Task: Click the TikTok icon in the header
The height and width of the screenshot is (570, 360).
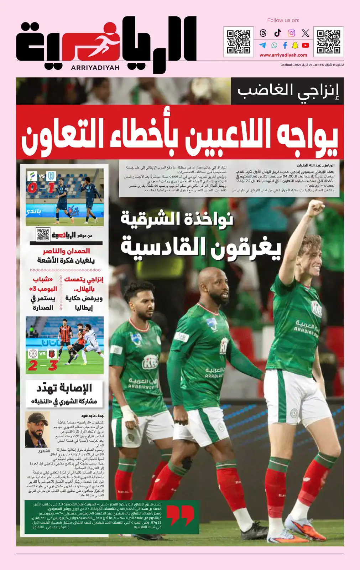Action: tap(278, 33)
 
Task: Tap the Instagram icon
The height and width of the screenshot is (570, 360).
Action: tap(291, 33)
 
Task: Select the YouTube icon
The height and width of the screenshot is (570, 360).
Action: tap(305, 45)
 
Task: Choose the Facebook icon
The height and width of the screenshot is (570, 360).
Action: tap(285, 45)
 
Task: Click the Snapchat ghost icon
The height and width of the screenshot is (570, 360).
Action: tap(295, 45)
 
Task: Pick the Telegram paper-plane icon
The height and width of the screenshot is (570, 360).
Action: tap(263, 45)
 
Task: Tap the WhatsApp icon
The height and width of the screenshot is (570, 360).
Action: tap(274, 45)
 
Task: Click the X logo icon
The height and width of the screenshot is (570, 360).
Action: tap(305, 33)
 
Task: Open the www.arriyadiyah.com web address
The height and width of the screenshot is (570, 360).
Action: tap(283, 55)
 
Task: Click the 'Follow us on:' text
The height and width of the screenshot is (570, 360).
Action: tap(283, 20)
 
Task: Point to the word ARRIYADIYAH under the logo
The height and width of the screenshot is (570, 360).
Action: tap(95, 68)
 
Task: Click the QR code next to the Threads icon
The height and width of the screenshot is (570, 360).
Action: tap(239, 42)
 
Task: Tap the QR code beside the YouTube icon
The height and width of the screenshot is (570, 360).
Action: tap(328, 42)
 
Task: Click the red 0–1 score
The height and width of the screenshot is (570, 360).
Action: tap(41, 187)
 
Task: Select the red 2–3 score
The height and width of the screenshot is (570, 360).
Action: tap(43, 365)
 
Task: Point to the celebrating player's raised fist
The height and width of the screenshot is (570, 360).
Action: tap(315, 208)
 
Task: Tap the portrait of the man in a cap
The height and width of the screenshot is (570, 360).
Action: tap(37, 430)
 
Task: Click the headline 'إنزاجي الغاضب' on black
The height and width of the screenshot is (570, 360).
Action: tap(288, 91)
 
